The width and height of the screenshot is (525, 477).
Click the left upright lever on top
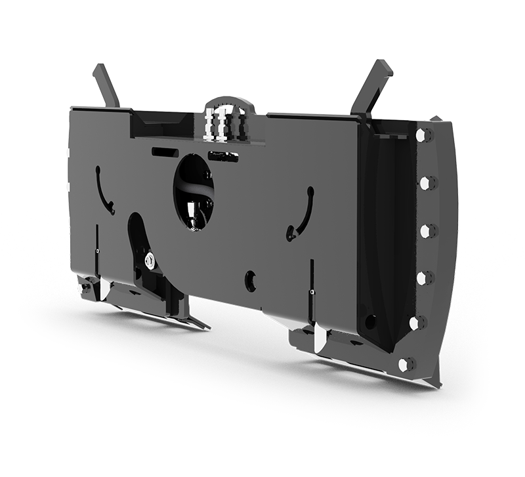pyautogui.click(x=106, y=85)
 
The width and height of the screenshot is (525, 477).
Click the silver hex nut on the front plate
pyautogui.click(x=150, y=260)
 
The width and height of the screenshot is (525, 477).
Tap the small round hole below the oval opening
pyautogui.click(x=250, y=280)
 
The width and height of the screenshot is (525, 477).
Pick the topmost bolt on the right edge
pyautogui.click(x=423, y=136)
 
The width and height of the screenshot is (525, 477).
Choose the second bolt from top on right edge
pyautogui.click(x=427, y=182)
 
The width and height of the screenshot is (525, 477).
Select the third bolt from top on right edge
pyautogui.click(x=426, y=231)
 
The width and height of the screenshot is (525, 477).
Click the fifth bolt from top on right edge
pyautogui.click(x=416, y=323)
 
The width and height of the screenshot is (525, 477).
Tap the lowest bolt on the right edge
pyautogui.click(x=406, y=365)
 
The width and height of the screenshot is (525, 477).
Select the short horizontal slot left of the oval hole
pyautogui.click(x=165, y=152)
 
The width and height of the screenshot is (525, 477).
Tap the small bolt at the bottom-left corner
pyautogui.click(x=85, y=287)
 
